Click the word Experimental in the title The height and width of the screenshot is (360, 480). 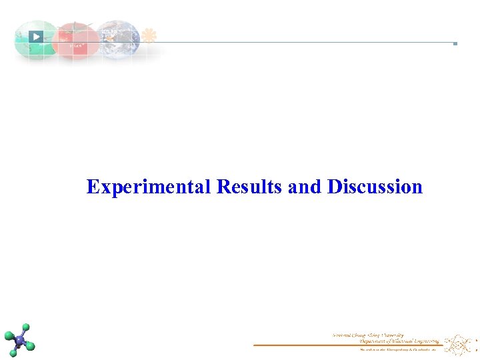[x=149, y=187]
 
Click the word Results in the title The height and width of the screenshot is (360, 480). [x=249, y=187]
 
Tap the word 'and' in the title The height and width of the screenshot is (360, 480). [x=305, y=187]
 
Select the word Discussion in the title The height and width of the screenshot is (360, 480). [x=375, y=187]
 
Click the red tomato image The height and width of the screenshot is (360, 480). [x=76, y=41]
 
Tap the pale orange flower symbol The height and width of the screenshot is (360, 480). [x=149, y=35]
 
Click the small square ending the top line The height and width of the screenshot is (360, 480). [x=455, y=43]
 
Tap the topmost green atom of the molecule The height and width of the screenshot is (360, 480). [x=26, y=327]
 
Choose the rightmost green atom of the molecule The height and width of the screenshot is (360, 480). [x=30, y=347]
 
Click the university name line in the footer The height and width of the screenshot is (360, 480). [x=368, y=335]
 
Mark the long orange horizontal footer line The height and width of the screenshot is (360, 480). [x=347, y=345]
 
